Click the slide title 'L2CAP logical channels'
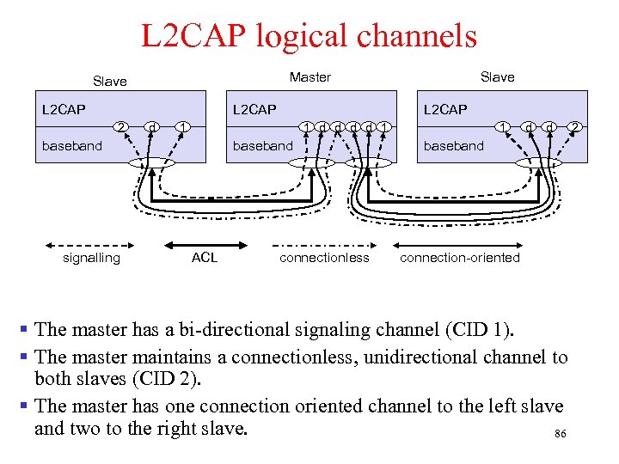pyautogui.click(x=309, y=36)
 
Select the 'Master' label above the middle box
pyautogui.click(x=309, y=77)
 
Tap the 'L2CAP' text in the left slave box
pyautogui.click(x=64, y=109)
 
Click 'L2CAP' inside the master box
pyautogui.click(x=254, y=109)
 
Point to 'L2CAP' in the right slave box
pyautogui.click(x=445, y=109)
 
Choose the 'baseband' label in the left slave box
pyautogui.click(x=72, y=145)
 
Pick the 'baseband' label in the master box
pyautogui.click(x=263, y=145)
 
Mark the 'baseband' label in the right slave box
pyautogui.click(x=454, y=145)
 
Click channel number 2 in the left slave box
pyautogui.click(x=123, y=128)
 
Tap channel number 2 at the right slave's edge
pyautogui.click(x=575, y=128)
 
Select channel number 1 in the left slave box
pyautogui.click(x=182, y=128)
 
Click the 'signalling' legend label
pyautogui.click(x=92, y=257)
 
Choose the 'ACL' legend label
pyautogui.click(x=205, y=257)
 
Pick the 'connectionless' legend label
pyautogui.click(x=324, y=257)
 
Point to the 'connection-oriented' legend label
pyautogui.click(x=460, y=257)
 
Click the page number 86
pyautogui.click(x=560, y=435)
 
